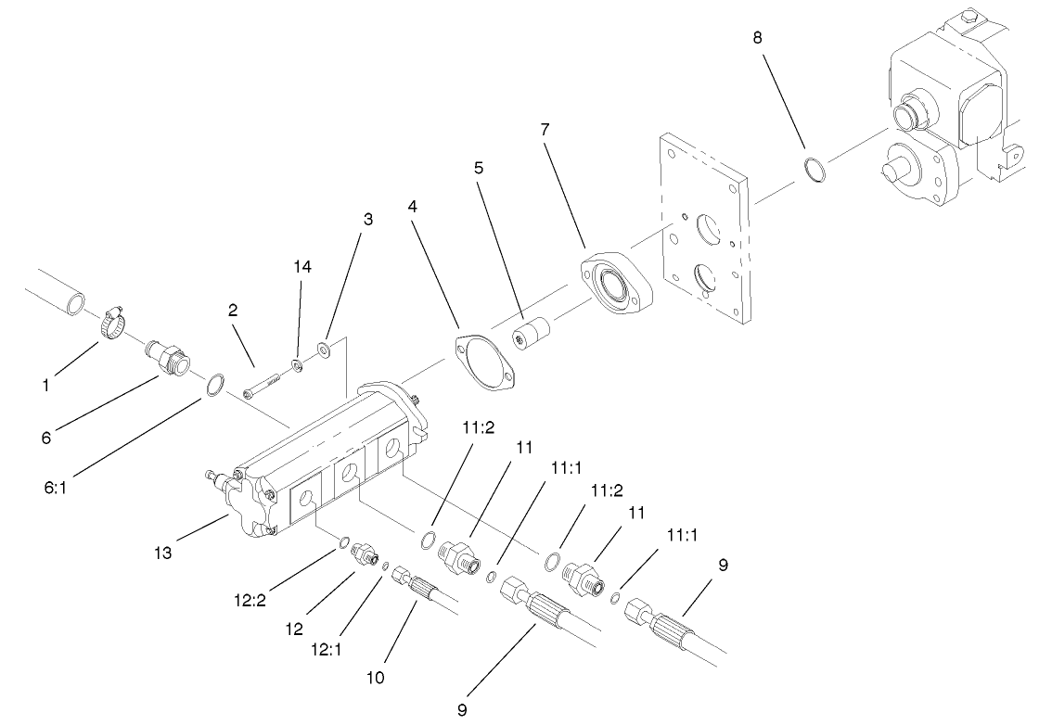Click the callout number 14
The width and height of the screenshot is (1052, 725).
click(302, 267)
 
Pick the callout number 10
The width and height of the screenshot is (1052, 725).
click(376, 678)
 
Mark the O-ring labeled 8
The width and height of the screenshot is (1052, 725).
click(815, 172)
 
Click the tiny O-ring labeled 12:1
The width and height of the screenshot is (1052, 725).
click(384, 566)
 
